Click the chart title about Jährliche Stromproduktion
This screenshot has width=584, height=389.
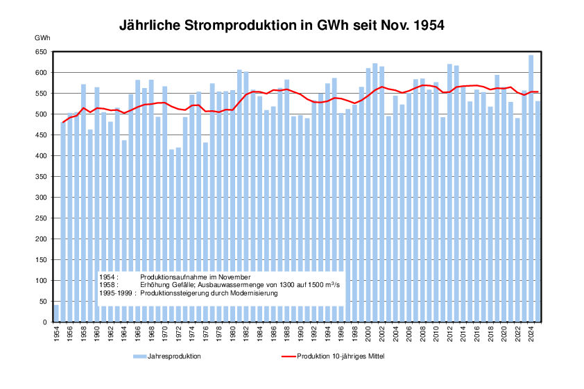tap(282, 26)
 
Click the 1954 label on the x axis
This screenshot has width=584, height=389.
tap(57, 335)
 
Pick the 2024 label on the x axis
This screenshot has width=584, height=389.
tap(531, 335)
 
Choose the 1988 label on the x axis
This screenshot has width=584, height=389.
tap(286, 335)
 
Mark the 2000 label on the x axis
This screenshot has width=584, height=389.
tap(368, 335)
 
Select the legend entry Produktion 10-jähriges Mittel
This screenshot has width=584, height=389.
tap(341, 356)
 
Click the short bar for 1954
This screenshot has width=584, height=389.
tap(57, 313)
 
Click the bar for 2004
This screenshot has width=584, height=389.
tap(395, 209)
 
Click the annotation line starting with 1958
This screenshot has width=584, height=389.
tap(222, 285)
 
